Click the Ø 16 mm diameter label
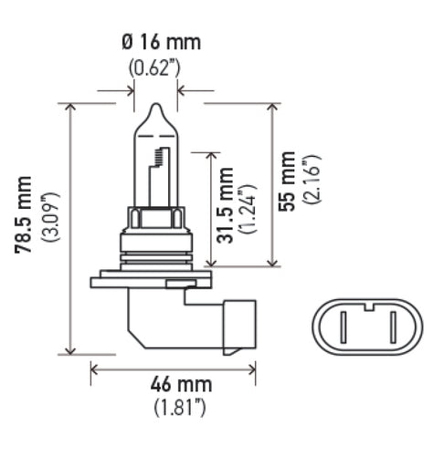tap(161, 43)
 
